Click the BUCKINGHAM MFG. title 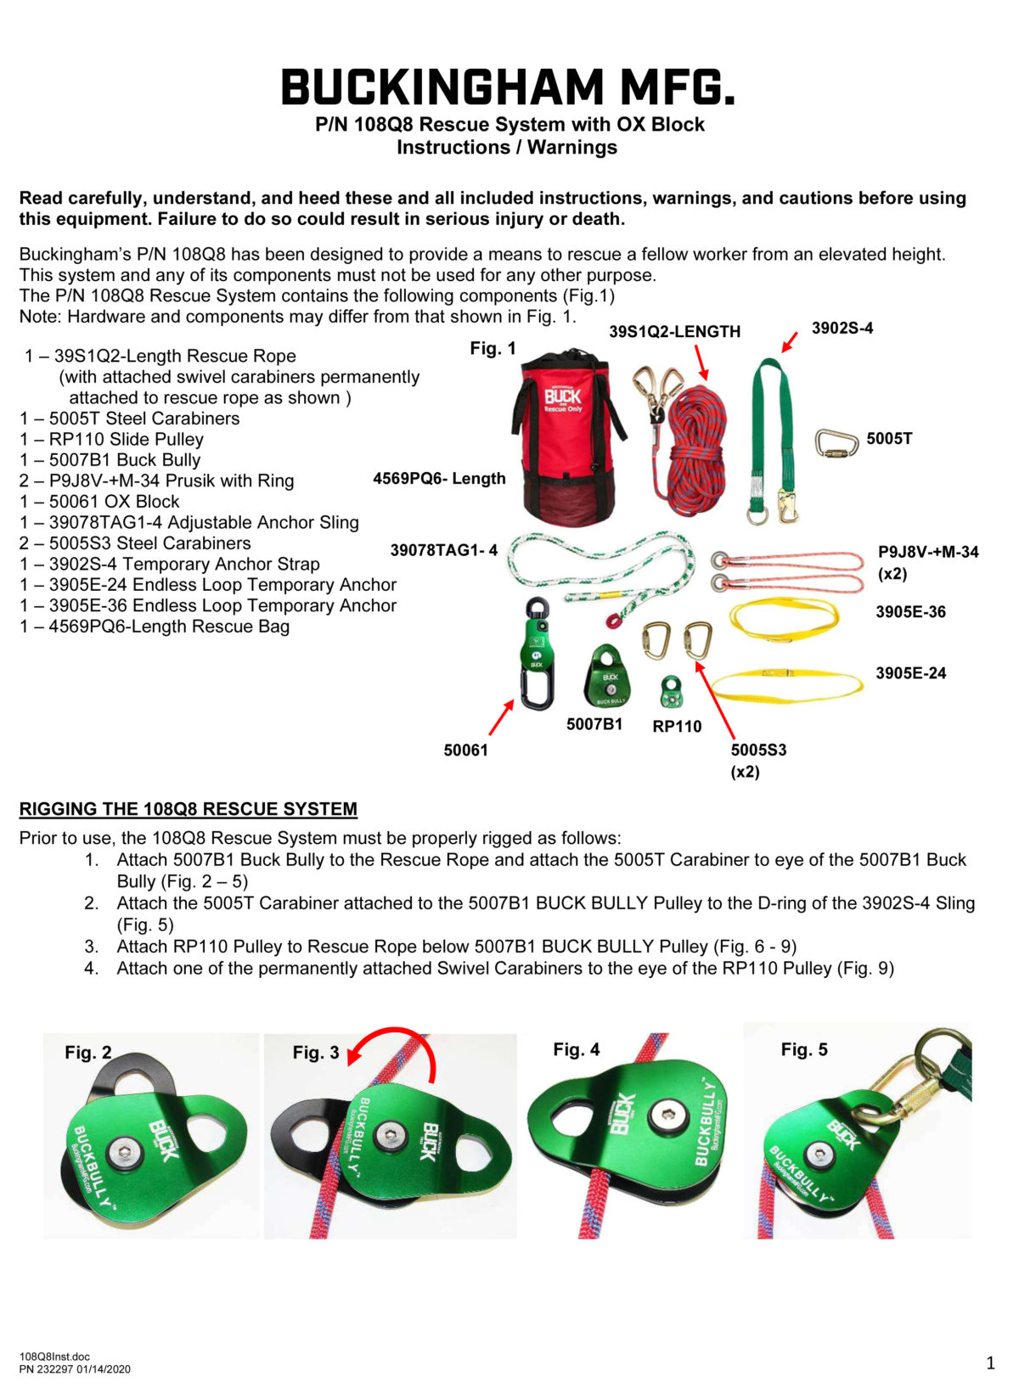click(x=507, y=87)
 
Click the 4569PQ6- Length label click(x=439, y=479)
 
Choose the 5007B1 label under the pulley click(x=594, y=724)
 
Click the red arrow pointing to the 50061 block click(x=502, y=717)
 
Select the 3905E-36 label click(x=910, y=612)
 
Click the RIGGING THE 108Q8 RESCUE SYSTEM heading click(x=188, y=809)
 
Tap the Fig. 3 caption click(x=315, y=1053)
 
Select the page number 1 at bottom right click(x=990, y=1363)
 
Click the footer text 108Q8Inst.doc click(x=54, y=1357)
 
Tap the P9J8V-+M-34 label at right click(x=928, y=553)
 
